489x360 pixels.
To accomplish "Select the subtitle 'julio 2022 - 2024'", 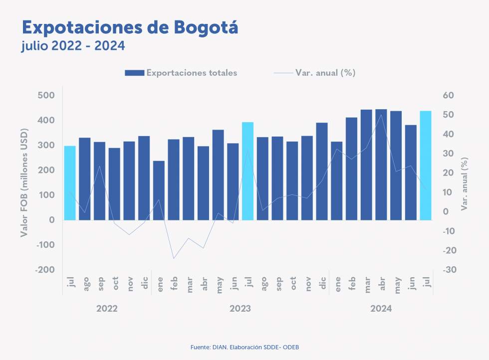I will [x=73, y=46].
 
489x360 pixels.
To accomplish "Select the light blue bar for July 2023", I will [x=248, y=171].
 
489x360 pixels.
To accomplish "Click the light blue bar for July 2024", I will [x=426, y=165].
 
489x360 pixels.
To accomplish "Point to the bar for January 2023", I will [x=159, y=190].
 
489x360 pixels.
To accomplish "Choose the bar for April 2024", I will [x=381, y=165].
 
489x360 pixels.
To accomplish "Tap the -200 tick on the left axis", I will [x=45, y=270].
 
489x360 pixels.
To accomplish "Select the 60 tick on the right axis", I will [x=448, y=95].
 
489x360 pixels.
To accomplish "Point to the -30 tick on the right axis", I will [x=448, y=270].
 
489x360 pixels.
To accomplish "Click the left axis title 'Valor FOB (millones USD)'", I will [x=25, y=182].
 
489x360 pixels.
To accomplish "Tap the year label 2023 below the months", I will [x=240, y=309].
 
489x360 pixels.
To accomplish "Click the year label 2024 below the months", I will [x=381, y=309].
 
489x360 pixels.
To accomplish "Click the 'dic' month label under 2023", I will [x=322, y=284].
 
